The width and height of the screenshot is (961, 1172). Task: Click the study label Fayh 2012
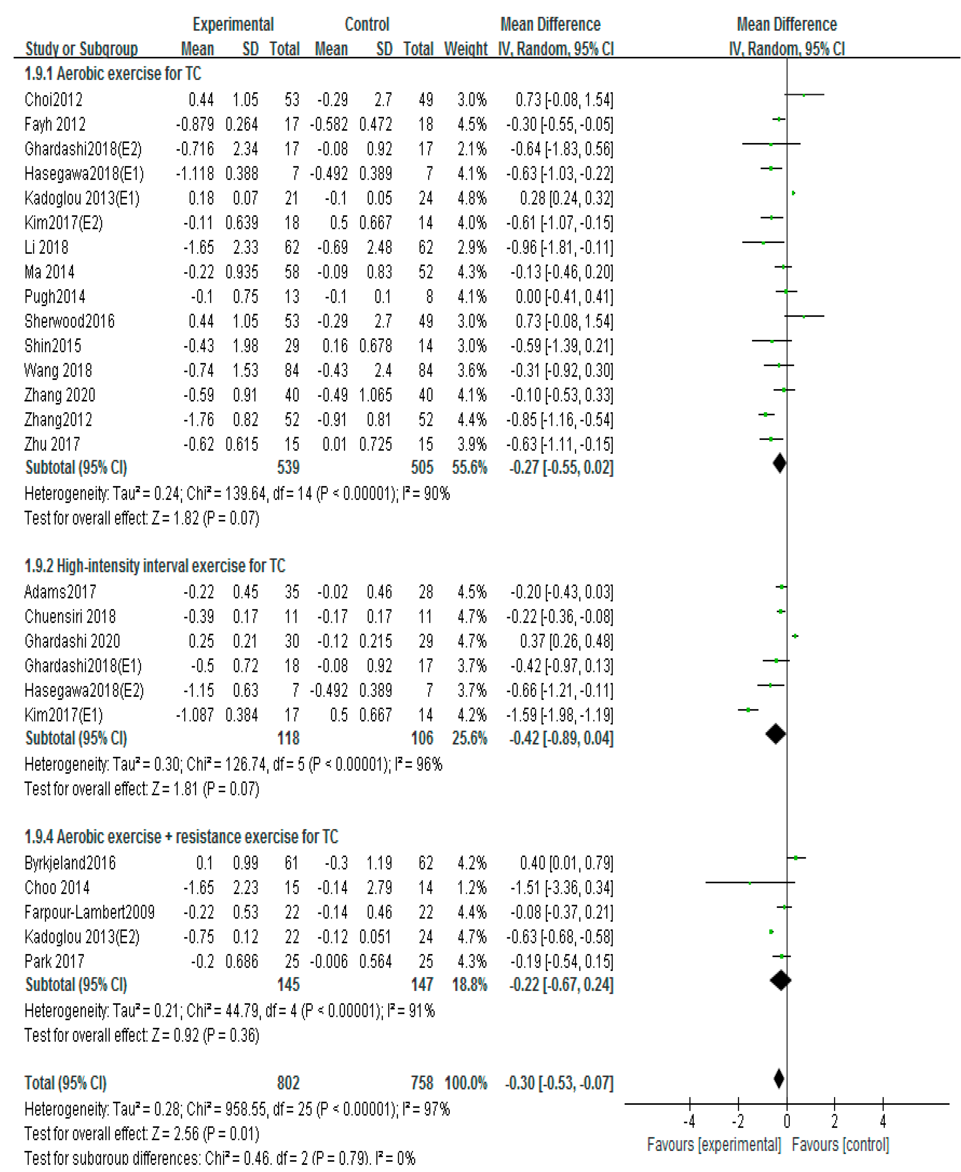click(55, 124)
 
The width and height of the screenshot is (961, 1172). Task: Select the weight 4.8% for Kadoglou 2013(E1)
click(472, 198)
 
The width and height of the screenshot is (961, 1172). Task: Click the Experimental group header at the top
click(233, 24)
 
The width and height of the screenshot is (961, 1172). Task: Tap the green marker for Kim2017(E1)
click(748, 710)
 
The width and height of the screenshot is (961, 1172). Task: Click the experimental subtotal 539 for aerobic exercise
click(288, 467)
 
